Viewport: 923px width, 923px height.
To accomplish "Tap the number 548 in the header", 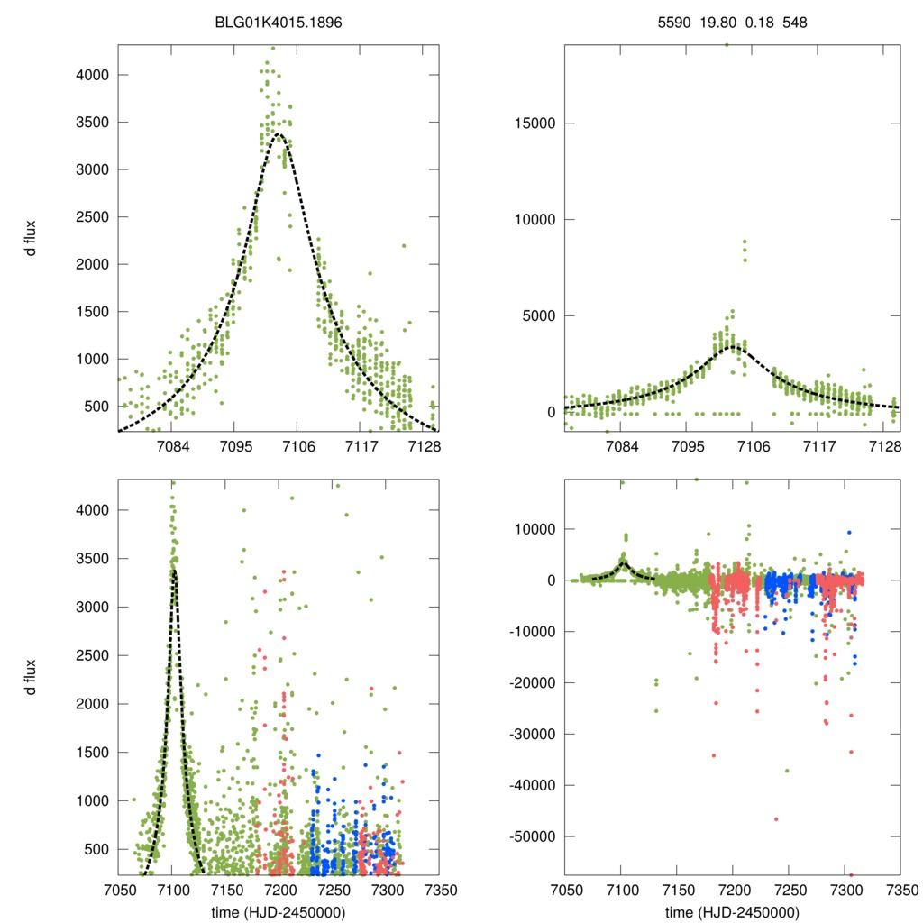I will pos(793,23).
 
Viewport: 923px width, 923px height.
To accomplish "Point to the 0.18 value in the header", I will pos(755,23).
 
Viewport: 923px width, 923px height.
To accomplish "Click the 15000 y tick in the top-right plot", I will pos(532,123).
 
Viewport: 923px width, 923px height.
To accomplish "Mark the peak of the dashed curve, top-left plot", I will pos(279,135).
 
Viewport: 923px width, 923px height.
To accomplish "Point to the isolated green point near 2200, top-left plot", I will pos(404,245).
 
